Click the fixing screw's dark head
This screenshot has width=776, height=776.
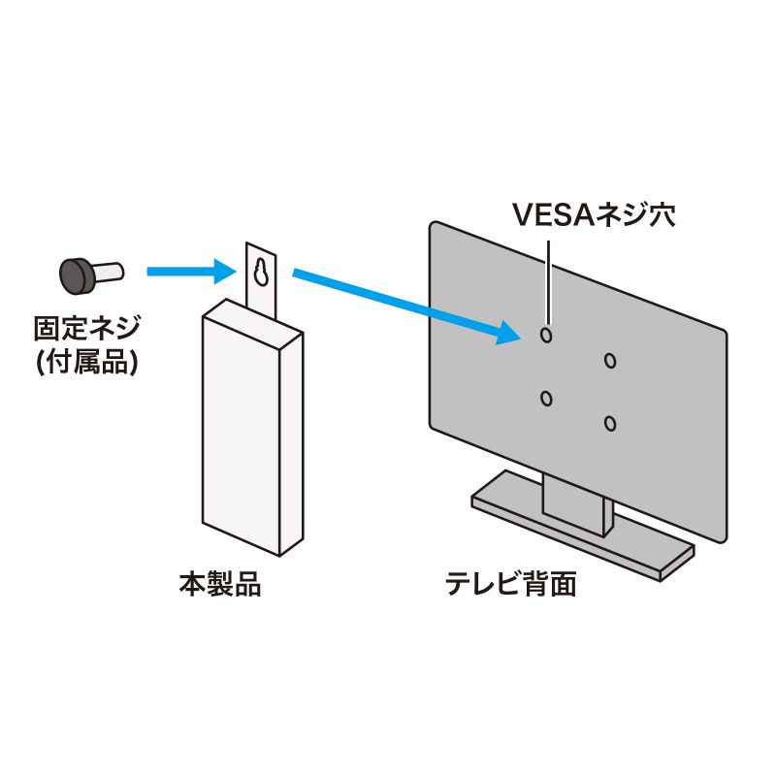coord(76,275)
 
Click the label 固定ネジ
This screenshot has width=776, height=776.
coord(85,327)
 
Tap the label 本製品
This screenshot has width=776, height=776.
coord(220,586)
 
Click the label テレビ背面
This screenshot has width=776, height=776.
coord(510,586)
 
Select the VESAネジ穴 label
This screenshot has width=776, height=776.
coord(593,214)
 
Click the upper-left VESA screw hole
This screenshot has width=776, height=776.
coord(546,335)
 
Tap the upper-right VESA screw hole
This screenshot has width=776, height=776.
coord(609,361)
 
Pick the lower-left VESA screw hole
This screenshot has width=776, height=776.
coord(546,398)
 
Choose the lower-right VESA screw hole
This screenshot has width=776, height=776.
coord(609,424)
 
